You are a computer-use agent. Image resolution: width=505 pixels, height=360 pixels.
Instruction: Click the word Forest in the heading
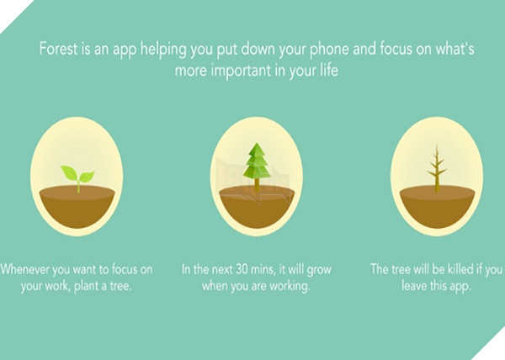[x=58, y=50]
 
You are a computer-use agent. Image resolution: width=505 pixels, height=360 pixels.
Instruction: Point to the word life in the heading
[x=329, y=70]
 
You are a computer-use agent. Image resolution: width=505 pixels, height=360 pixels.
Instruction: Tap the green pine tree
[x=257, y=161]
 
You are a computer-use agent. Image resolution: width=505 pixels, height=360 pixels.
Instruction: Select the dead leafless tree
[x=437, y=168]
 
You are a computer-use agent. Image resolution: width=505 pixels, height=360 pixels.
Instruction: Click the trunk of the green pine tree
[x=257, y=185]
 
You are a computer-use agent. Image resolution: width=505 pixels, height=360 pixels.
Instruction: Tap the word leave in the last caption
[x=414, y=285]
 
